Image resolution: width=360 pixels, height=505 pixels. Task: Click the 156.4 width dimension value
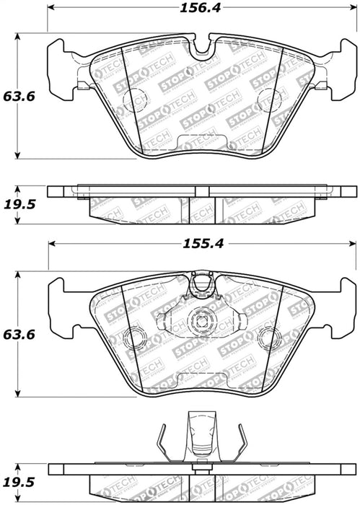[x=201, y=9]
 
